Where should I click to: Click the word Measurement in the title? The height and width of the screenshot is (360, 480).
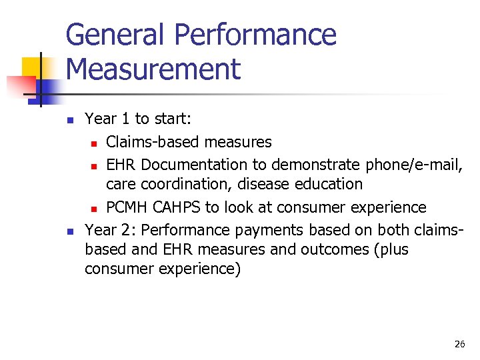tap(153, 69)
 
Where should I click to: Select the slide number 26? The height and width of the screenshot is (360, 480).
tap(459, 344)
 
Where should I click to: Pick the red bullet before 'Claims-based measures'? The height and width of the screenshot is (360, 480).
tap(95, 143)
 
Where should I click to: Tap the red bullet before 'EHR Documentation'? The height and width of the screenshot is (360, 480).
tap(95, 165)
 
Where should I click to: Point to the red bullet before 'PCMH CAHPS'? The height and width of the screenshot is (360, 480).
tap(95, 209)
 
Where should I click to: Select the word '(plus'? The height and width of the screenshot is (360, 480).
tap(391, 250)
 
